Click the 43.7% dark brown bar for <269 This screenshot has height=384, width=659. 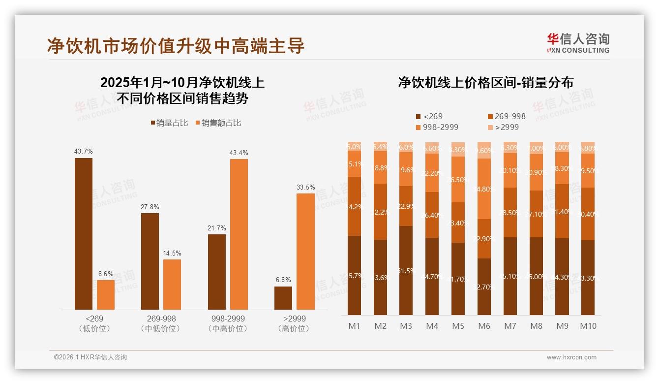coord(84,234)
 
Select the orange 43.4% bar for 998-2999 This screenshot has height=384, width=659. coord(239,234)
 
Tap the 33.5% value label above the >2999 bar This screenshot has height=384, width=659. coord(305,188)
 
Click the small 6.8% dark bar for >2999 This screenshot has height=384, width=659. coord(283,298)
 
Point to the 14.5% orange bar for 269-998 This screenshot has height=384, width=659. coord(172,285)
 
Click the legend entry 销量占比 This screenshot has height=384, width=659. coord(169,123)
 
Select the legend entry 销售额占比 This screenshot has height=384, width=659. coord(218,123)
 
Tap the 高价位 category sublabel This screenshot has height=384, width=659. coord(294,328)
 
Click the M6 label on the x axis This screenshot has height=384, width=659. coord(484,326)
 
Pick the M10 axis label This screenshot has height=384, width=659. coord(588,326)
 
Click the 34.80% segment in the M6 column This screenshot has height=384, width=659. coord(484,189)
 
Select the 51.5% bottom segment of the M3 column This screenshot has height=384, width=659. coord(406,271)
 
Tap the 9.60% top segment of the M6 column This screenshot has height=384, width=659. coord(484,150)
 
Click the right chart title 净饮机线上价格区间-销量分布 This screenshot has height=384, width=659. coord(485,83)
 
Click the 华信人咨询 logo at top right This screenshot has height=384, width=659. coord(578,43)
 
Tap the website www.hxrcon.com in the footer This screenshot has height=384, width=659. coord(571,357)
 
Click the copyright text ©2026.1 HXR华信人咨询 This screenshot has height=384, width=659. coord(90,357)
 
